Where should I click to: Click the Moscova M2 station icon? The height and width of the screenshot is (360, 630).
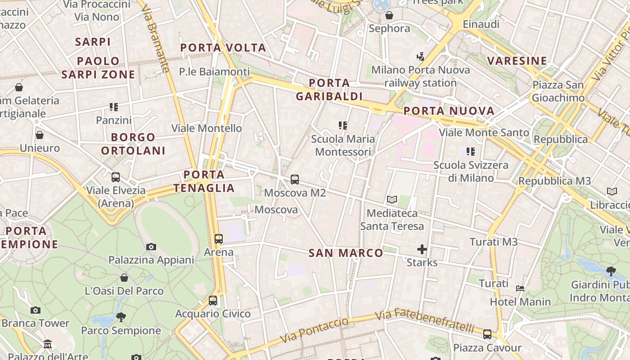pyautogui.click(x=295, y=180)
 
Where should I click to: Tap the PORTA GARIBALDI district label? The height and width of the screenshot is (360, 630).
pyautogui.click(x=329, y=90)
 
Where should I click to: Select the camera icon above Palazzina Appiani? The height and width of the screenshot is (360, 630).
pyautogui.click(x=151, y=247)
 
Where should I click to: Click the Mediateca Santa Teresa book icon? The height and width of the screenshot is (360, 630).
pyautogui.click(x=392, y=199)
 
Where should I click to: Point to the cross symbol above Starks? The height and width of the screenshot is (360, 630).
pyautogui.click(x=422, y=249)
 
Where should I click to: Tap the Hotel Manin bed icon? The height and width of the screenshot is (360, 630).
pyautogui.click(x=520, y=288)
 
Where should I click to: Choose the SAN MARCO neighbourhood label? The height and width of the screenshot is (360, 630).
pyautogui.click(x=346, y=253)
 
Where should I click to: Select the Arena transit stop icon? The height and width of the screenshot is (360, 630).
pyautogui.click(x=219, y=238)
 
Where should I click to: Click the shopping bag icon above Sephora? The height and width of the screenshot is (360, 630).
pyautogui.click(x=389, y=15)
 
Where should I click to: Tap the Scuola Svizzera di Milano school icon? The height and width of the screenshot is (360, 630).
pyautogui.click(x=471, y=152)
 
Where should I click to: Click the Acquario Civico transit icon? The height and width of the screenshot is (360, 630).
pyautogui.click(x=213, y=300)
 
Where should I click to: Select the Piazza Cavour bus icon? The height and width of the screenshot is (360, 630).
pyautogui.click(x=487, y=334)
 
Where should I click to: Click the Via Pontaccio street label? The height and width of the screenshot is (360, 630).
pyautogui.click(x=314, y=330)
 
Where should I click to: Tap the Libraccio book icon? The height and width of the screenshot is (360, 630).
pyautogui.click(x=612, y=191)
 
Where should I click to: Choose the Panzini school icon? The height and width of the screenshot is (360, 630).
pyautogui.click(x=114, y=107)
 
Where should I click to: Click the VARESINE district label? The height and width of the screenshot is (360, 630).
pyautogui.click(x=517, y=61)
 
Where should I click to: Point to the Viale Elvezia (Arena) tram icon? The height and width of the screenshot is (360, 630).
pyautogui.click(x=116, y=177)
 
